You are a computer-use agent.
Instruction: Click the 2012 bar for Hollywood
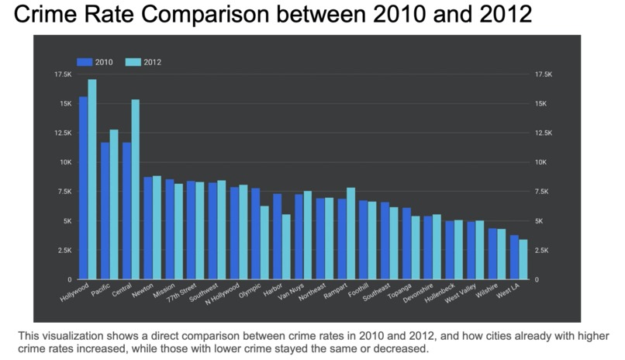tap(92, 179)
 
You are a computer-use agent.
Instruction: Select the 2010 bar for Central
tap(126, 210)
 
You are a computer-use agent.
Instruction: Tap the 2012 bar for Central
tap(136, 189)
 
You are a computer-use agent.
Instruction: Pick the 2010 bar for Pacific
tap(105, 210)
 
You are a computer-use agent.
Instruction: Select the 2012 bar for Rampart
tap(350, 234)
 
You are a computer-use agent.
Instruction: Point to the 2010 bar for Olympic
tap(256, 234)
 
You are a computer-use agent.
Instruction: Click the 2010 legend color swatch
tap(84, 62)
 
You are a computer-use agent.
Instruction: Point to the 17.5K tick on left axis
tap(63, 74)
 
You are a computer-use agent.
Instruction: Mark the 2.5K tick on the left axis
tap(63, 250)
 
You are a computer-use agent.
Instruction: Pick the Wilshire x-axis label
tap(487, 293)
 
